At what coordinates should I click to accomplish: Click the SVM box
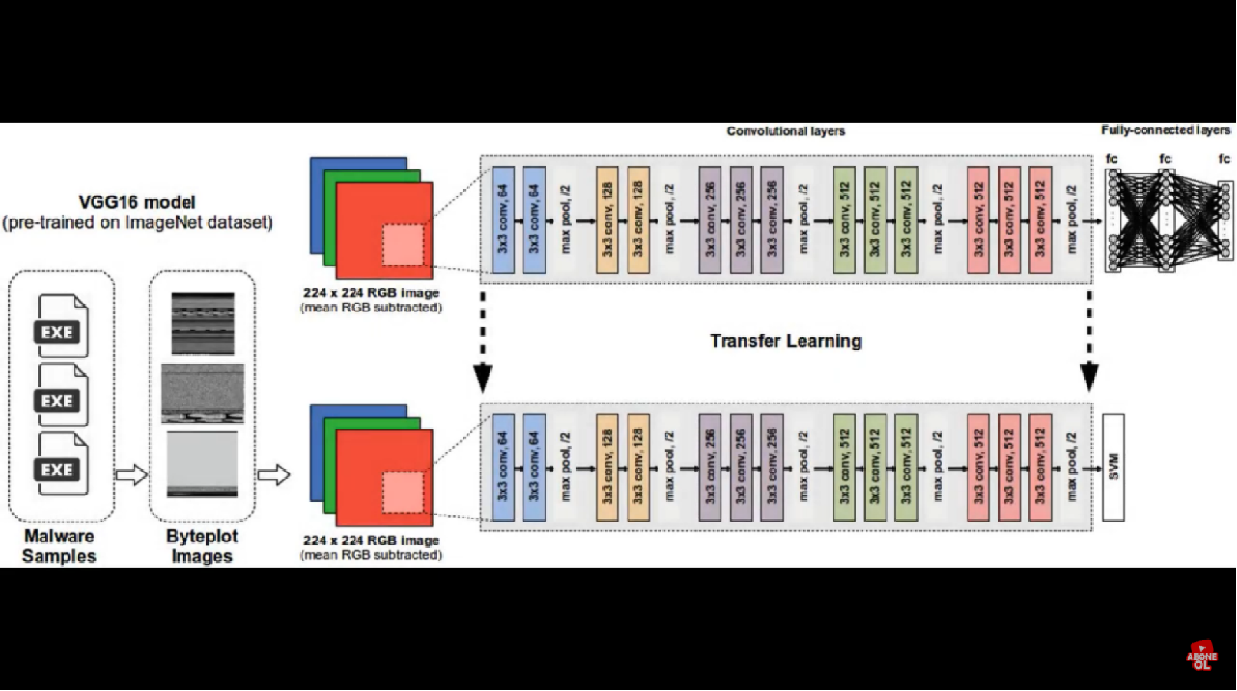tap(1113, 467)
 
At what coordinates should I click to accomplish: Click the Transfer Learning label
tap(785, 341)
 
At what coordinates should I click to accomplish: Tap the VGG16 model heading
tap(137, 202)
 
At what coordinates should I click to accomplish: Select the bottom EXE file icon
tap(61, 464)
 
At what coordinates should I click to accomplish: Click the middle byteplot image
tap(203, 393)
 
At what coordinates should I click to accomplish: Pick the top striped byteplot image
tap(203, 323)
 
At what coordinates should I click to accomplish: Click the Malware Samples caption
tap(59, 546)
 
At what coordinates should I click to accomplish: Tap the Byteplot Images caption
tap(202, 546)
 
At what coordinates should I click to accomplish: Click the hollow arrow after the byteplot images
tap(274, 475)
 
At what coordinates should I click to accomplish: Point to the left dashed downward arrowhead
tap(483, 377)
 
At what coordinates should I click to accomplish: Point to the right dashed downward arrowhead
tap(1089, 377)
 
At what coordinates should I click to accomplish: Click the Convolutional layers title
tap(786, 131)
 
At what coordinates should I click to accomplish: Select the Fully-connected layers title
tap(1165, 130)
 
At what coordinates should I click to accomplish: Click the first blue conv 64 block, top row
tap(503, 220)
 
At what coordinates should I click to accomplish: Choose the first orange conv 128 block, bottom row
tap(607, 467)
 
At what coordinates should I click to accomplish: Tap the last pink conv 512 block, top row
tap(1040, 220)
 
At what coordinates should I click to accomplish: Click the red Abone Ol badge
tap(1202, 656)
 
